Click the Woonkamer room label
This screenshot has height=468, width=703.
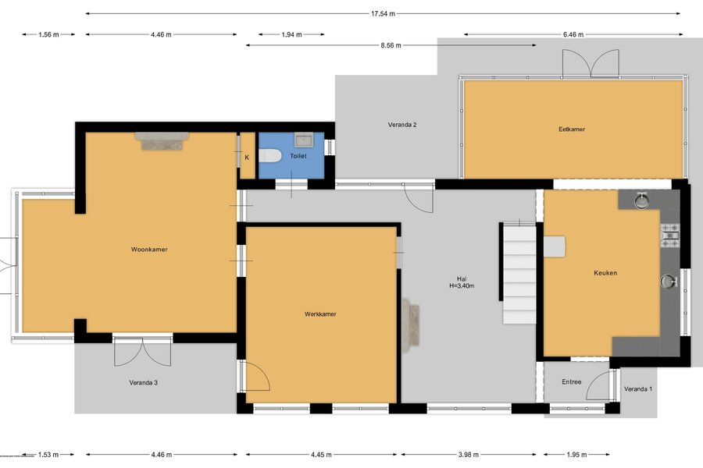[149, 250]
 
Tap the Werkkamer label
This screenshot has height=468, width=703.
[320, 314]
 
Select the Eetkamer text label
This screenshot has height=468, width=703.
[572, 129]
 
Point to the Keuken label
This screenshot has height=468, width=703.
[605, 273]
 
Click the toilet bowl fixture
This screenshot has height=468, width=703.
[270, 156]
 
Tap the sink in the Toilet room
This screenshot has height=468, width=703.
[305, 140]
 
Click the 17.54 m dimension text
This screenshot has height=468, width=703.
[383, 13]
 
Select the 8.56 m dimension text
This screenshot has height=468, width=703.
[391, 45]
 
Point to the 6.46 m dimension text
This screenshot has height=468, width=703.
[573, 34]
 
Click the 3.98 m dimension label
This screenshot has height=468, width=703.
[468, 455]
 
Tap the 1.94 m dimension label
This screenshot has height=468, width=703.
[291, 34]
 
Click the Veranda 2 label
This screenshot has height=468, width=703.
[402, 125]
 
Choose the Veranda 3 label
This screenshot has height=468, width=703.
[143, 382]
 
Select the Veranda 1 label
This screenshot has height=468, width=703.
[638, 388]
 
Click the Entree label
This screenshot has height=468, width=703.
[572, 381]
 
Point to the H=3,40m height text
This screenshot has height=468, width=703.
[462, 285]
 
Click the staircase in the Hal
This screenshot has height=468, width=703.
[519, 273]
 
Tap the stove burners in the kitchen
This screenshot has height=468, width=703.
[670, 235]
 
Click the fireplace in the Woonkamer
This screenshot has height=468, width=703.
[162, 140]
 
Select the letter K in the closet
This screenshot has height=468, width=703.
[247, 158]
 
